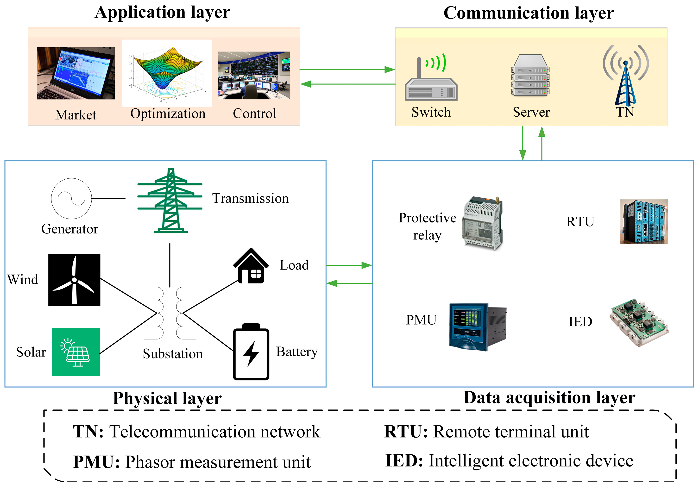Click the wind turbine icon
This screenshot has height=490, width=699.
(x=74, y=280)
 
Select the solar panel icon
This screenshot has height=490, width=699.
(x=76, y=352)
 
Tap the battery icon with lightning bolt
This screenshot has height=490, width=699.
(x=251, y=352)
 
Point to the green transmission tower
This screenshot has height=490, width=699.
(x=170, y=201)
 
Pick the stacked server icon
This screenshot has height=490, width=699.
(x=531, y=75)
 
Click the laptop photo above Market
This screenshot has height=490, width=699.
(x=76, y=73)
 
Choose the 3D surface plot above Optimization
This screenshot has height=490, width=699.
(x=167, y=73)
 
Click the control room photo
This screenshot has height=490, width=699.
(x=254, y=75)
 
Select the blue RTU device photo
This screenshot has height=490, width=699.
(x=644, y=222)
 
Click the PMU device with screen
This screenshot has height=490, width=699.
(x=478, y=327)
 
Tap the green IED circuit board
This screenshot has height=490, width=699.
(x=639, y=323)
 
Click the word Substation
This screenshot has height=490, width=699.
(x=173, y=354)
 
